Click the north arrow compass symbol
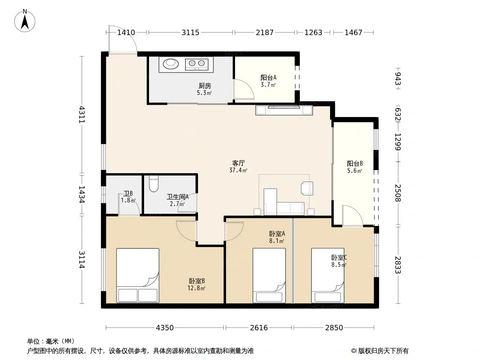25,20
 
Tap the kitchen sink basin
171,64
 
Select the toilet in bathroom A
154,183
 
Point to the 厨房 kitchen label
204,85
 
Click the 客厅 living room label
238,163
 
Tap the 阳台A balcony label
268,77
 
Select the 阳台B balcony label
355,163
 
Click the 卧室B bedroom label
196,281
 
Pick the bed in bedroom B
138,275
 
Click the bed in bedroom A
269,275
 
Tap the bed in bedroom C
328,275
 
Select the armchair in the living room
307,188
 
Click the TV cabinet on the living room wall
284,110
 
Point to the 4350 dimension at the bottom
165,328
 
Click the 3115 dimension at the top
190,32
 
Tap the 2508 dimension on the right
398,193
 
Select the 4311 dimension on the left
82,114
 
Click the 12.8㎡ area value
196,288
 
